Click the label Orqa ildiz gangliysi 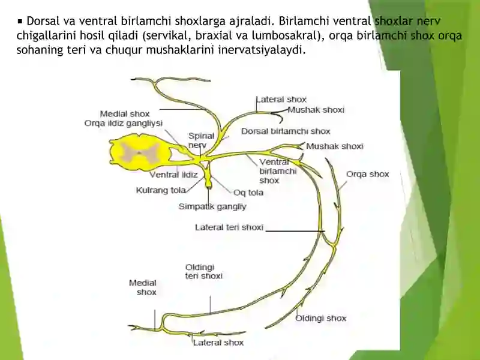click(x=124, y=124)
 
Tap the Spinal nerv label click(x=201, y=140)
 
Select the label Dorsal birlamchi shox click(x=286, y=131)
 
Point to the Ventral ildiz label click(x=173, y=175)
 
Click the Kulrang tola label click(x=161, y=190)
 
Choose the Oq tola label click(x=248, y=193)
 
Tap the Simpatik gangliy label click(x=212, y=207)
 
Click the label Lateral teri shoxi click(x=229, y=227)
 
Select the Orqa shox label click(x=367, y=174)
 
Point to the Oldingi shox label click(x=320, y=319)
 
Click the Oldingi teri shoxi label click(x=204, y=272)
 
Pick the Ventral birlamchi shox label click(x=278, y=171)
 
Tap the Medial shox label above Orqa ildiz click(x=125, y=114)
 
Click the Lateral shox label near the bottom click(x=218, y=343)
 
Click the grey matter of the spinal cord click(x=140, y=152)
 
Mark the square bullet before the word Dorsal click(x=20, y=22)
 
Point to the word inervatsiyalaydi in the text click(x=262, y=50)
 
